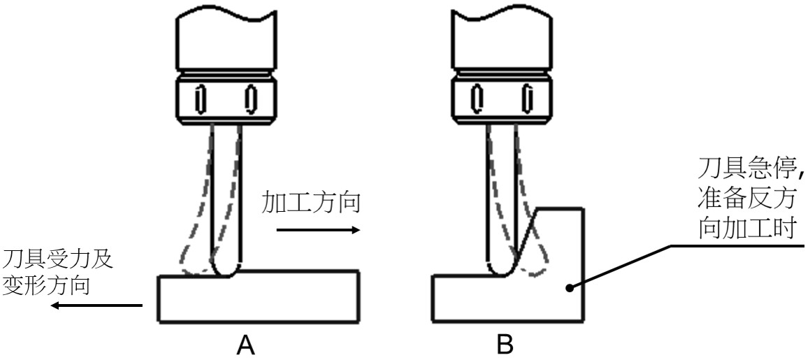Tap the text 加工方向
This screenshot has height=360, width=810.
tap(312, 203)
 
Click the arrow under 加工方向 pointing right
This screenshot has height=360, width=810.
tap(318, 229)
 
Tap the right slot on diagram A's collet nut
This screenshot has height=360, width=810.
tap(248, 99)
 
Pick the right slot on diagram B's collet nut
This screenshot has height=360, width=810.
tap(526, 99)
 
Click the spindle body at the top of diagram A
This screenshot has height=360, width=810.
tap(224, 35)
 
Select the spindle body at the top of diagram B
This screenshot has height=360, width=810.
tap(502, 35)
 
